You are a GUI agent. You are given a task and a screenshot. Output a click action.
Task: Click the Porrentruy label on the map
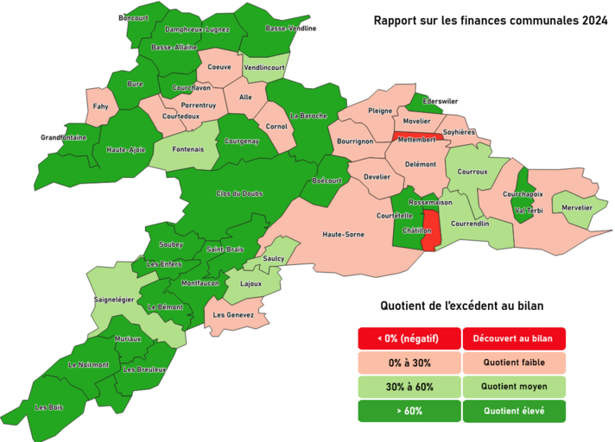(199, 105)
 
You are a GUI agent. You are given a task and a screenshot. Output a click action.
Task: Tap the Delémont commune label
(421, 163)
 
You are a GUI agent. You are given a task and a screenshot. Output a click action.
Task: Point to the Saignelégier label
(113, 300)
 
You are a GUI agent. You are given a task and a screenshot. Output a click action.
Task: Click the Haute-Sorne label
(342, 234)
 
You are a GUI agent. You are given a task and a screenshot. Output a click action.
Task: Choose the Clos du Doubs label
(240, 193)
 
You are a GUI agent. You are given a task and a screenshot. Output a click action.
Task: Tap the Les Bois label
(48, 407)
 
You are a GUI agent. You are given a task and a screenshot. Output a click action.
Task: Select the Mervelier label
(577, 208)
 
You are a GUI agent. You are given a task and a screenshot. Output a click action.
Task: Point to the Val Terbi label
(529, 210)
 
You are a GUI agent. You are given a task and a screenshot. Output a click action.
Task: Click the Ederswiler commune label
(441, 101)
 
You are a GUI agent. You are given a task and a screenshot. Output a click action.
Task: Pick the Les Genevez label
(233, 315)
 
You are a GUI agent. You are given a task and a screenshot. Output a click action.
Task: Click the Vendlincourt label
(264, 66)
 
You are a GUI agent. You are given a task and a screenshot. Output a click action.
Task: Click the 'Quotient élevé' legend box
(514, 411)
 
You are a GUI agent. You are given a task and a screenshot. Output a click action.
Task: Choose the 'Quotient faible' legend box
(514, 362)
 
